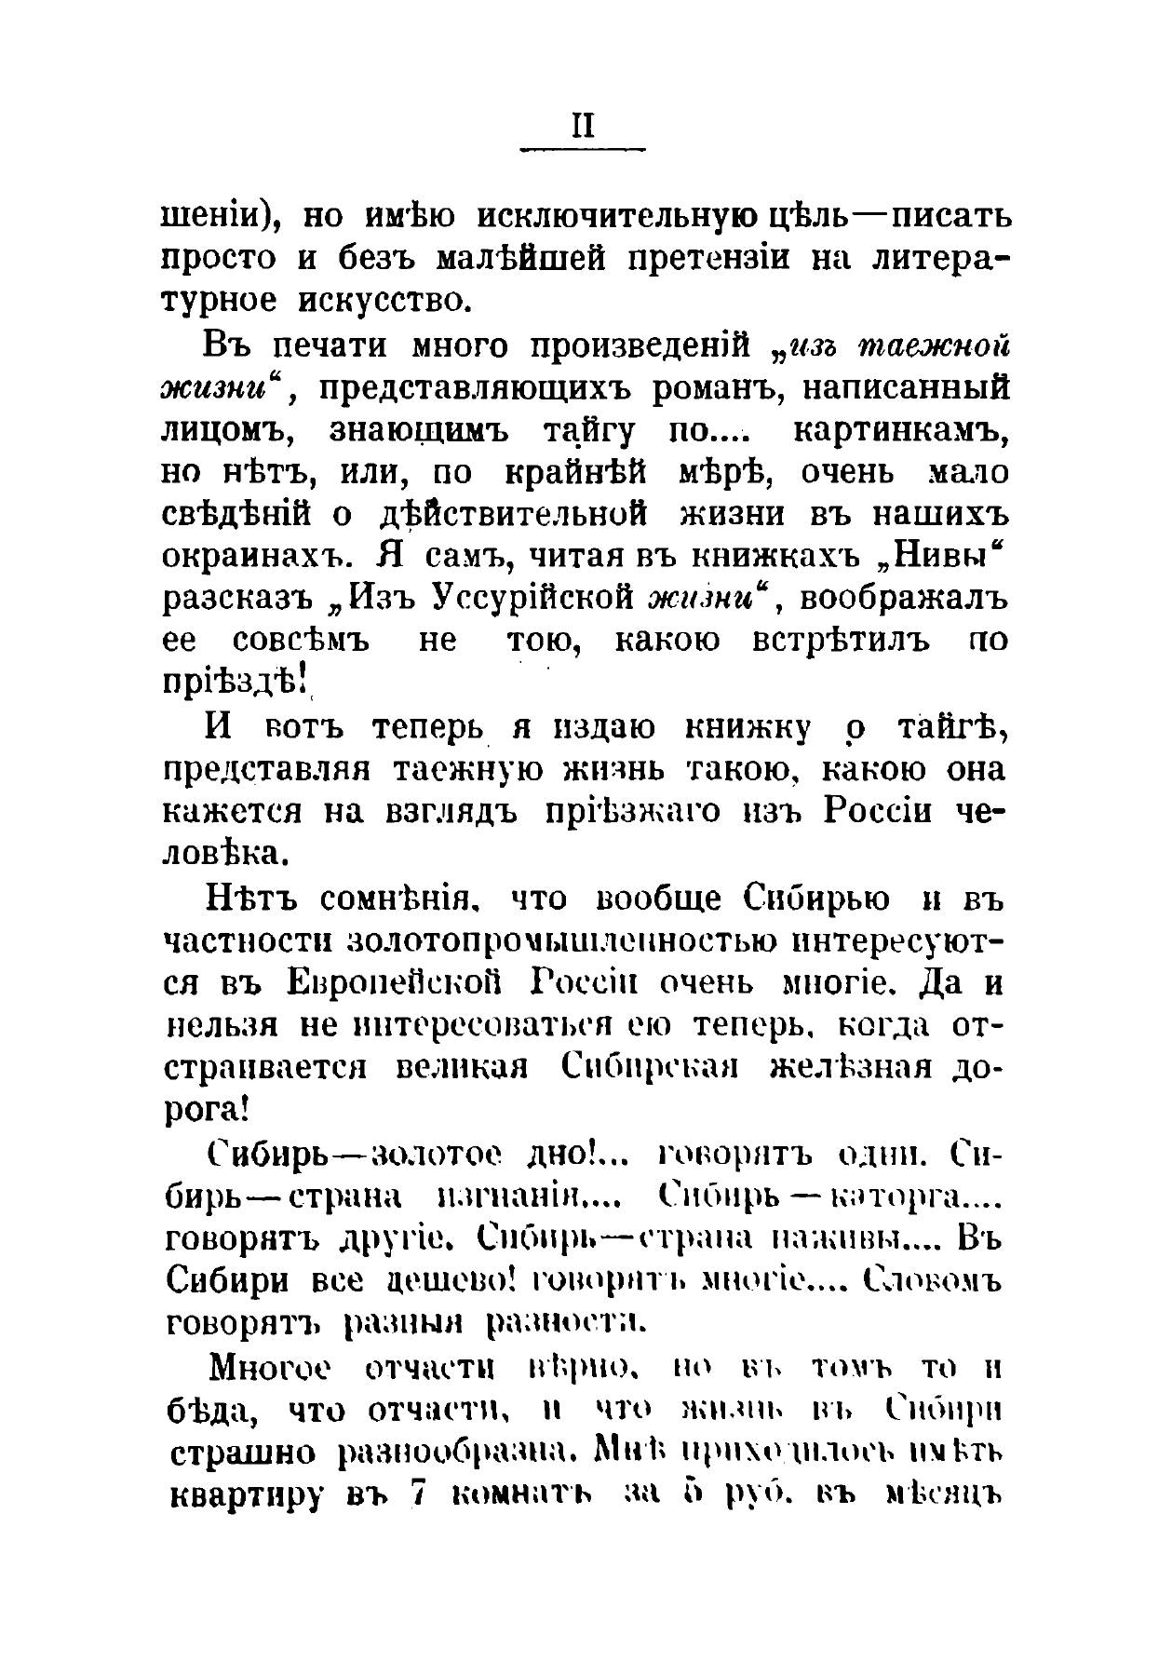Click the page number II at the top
click(x=583, y=127)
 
